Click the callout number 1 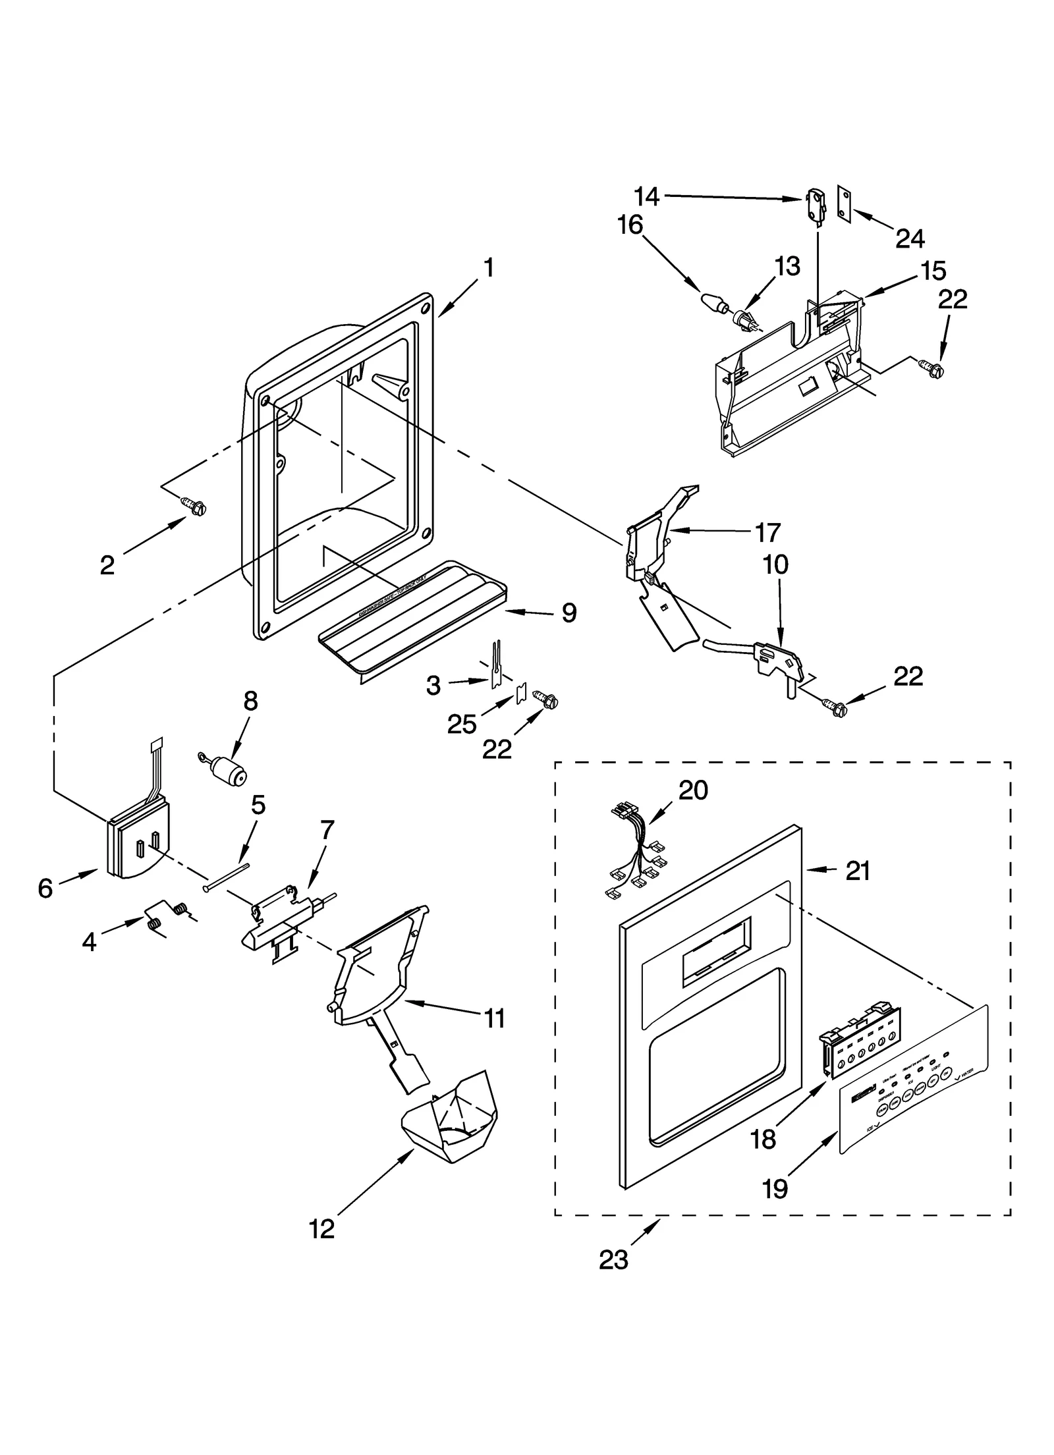click(488, 268)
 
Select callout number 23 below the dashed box click(613, 1259)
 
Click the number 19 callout click(775, 1188)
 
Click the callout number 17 click(767, 532)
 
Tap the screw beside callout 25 click(547, 700)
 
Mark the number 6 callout click(45, 889)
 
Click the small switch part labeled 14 click(814, 206)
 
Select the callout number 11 click(494, 1018)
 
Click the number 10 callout click(776, 564)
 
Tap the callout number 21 click(858, 871)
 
